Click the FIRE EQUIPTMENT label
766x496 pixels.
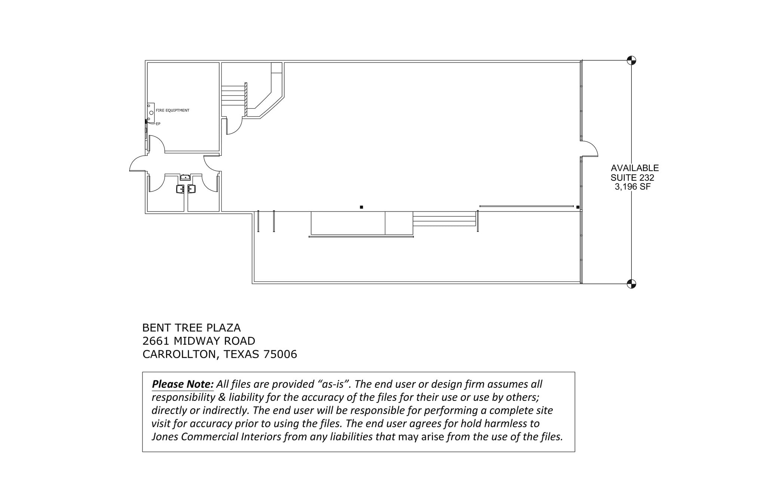pyautogui.click(x=172, y=110)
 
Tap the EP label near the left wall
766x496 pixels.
pyautogui.click(x=158, y=124)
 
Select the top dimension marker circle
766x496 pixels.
pyautogui.click(x=631, y=60)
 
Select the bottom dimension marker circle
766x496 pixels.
pyautogui.click(x=631, y=284)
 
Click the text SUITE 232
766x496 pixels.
pyautogui.click(x=632, y=178)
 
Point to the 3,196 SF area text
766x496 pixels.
pyautogui.click(x=632, y=186)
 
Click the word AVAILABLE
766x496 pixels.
pyautogui.click(x=635, y=168)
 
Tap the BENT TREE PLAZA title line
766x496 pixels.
pyautogui.click(x=191, y=328)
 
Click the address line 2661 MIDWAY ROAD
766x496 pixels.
pyautogui.click(x=199, y=341)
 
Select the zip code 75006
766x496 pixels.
pyautogui.click(x=280, y=354)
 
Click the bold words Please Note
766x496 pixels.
pyautogui.click(x=183, y=384)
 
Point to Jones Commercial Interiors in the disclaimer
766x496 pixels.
pyautogui.click(x=216, y=437)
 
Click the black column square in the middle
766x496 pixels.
pyautogui.click(x=361, y=207)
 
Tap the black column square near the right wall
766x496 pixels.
pyautogui.click(x=578, y=207)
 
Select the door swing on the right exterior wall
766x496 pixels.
pyautogui.click(x=590, y=149)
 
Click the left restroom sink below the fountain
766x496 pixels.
pyautogui.click(x=180, y=189)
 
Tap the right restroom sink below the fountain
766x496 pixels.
pyautogui.click(x=191, y=189)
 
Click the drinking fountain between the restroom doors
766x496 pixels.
pyautogui.click(x=186, y=177)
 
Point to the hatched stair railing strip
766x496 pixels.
pyautogui.click(x=246, y=99)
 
